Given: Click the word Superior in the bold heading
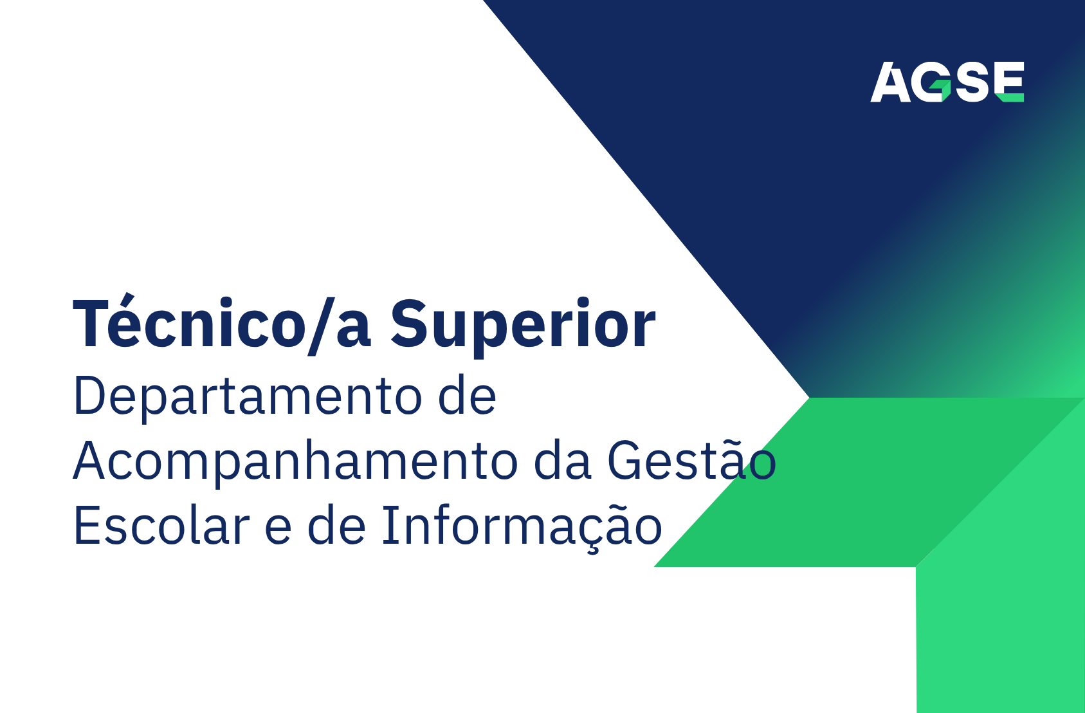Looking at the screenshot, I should pos(522,326).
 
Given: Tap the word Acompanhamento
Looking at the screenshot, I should pos(295,462).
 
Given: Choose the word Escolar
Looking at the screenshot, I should pos(161,526).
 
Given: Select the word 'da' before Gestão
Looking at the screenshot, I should pos(562,461).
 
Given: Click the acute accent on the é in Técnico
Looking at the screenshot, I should pos(128,298).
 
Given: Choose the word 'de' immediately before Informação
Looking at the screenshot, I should pos(336,526).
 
